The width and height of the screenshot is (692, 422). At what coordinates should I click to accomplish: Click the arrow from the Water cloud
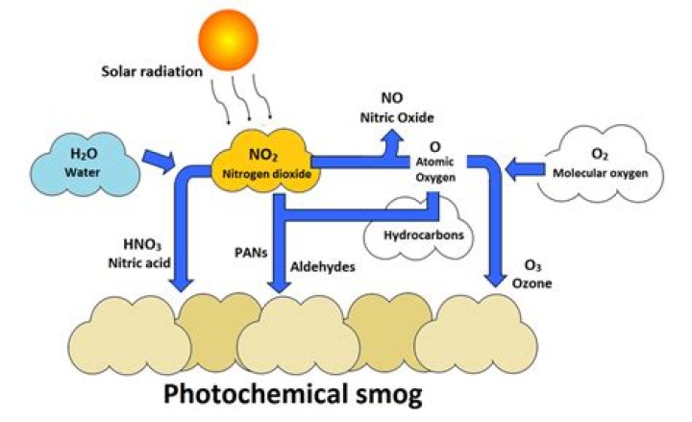coord(159,161)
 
